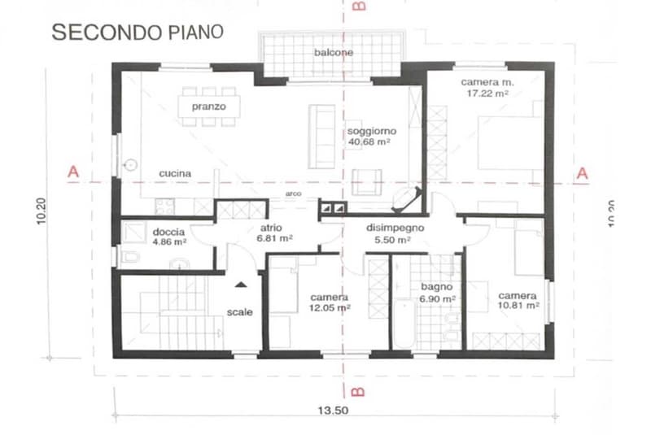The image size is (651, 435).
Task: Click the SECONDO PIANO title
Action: (138, 33)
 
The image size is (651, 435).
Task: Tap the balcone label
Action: (334, 53)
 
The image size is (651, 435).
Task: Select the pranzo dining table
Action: (209, 107)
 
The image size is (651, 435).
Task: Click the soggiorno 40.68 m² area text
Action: (369, 141)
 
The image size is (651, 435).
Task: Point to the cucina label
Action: (175, 173)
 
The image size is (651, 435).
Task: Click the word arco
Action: (294, 194)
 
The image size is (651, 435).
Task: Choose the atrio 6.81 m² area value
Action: (274, 238)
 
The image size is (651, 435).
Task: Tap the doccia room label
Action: (168, 232)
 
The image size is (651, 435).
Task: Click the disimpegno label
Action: (395, 228)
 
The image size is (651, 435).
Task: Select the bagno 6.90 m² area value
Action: (438, 298)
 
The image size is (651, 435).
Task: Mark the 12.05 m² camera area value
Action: (330, 307)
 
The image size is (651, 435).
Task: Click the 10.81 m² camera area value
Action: (518, 306)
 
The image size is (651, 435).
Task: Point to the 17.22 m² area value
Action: (487, 94)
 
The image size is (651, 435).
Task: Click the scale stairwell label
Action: (239, 312)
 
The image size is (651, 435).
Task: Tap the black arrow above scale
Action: (241, 285)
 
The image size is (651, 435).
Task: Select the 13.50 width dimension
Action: (333, 411)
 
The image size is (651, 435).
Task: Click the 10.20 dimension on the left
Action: (42, 211)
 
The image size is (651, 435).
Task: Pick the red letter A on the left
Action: (73, 172)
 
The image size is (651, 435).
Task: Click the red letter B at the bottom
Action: (357, 392)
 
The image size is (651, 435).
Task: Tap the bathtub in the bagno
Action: (404, 324)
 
